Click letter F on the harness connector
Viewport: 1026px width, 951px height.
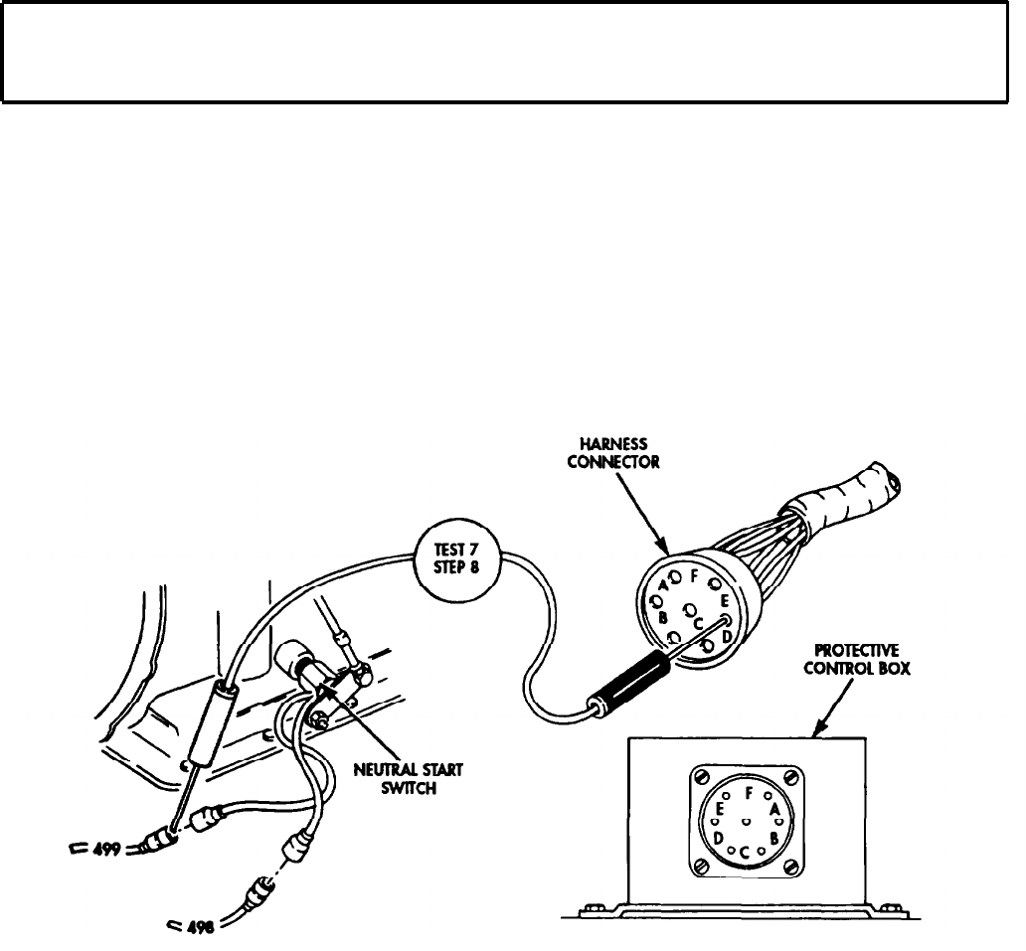[694, 575]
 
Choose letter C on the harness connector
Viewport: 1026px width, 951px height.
[699, 622]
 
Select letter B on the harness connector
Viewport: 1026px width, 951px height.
[662, 617]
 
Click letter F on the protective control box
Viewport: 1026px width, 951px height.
[748, 793]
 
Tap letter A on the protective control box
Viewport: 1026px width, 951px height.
[774, 810]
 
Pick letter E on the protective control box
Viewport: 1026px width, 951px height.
[719, 809]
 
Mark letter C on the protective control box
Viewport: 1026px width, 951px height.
[745, 852]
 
